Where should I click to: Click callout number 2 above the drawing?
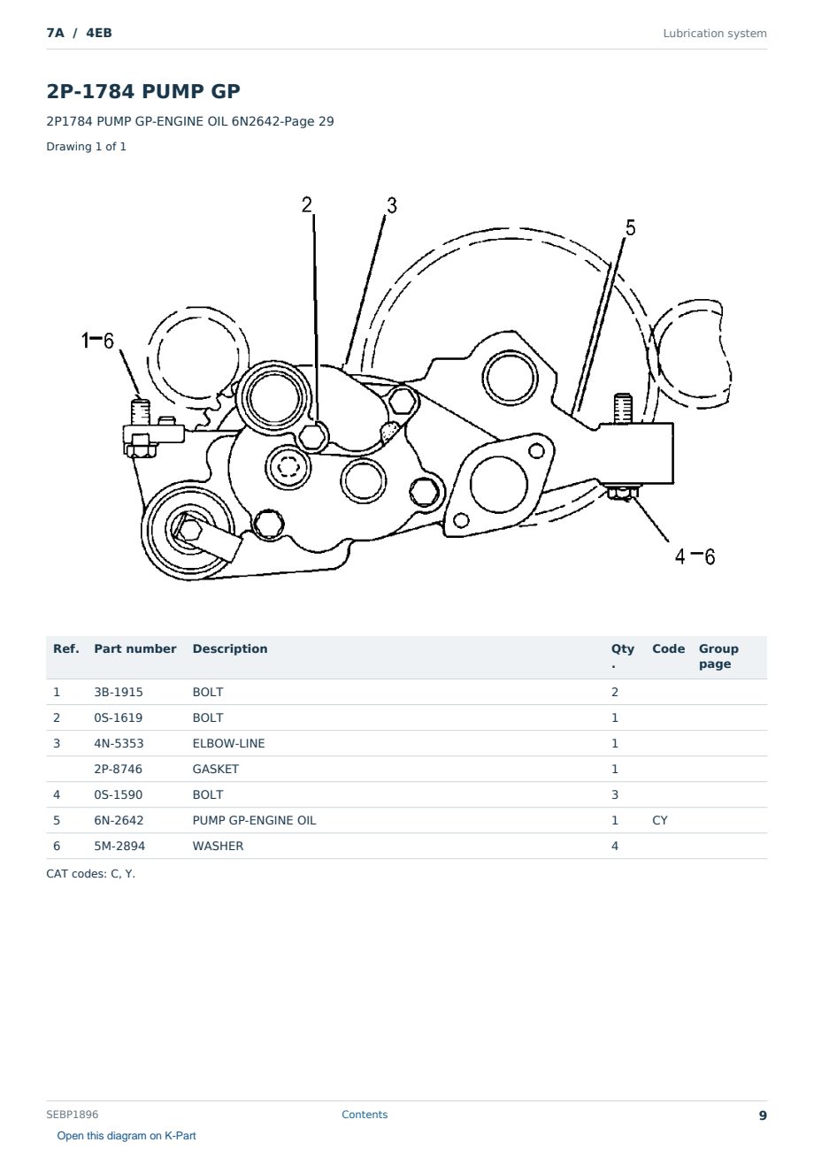[307, 205]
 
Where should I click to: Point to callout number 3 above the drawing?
[392, 205]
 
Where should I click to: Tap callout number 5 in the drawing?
[630, 228]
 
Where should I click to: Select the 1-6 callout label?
[97, 341]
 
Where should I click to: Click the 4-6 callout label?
[695, 556]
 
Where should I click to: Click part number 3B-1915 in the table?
[119, 692]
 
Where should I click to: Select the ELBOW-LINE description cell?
[228, 743]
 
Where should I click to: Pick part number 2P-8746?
[119, 769]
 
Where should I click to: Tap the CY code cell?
[660, 820]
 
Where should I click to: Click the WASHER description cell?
[218, 846]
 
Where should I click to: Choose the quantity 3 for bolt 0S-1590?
[615, 794]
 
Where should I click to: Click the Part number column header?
[135, 649]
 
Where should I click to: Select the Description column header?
[230, 649]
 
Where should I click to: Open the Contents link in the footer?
[365, 1115]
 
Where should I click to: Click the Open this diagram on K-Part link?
[127, 1136]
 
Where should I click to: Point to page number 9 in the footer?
[763, 1115]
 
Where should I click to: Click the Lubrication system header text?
[715, 34]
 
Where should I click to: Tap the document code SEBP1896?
[72, 1115]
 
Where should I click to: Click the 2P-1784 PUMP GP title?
[143, 91]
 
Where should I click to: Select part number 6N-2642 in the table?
[119, 820]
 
